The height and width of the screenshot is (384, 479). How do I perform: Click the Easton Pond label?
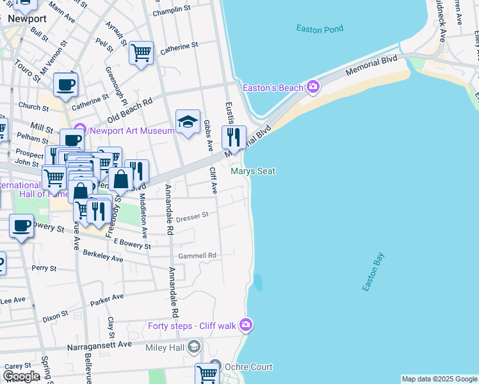(x=320, y=28)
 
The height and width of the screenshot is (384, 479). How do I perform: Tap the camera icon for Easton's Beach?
(x=313, y=86)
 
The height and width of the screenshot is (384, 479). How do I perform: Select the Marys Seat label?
(x=252, y=171)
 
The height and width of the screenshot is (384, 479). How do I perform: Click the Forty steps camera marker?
(x=246, y=325)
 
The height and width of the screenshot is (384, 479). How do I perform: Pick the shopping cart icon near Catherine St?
(x=141, y=52)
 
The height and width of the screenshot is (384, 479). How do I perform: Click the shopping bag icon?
(x=120, y=179)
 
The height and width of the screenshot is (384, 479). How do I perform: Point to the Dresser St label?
(x=192, y=216)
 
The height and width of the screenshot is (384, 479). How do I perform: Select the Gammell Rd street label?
(x=197, y=255)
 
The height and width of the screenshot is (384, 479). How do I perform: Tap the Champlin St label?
(x=172, y=10)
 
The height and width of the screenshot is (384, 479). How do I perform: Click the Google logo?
(x=21, y=376)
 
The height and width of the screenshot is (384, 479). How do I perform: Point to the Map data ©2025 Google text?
(x=439, y=379)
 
